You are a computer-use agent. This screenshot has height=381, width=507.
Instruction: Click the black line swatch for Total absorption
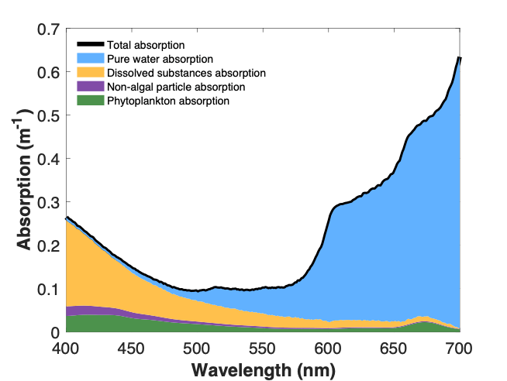(90, 44)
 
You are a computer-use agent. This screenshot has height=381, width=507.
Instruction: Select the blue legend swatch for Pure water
(90, 58)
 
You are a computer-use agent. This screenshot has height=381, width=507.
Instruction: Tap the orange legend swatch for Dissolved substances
(90, 73)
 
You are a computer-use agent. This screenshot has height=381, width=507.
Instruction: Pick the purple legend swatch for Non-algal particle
(90, 87)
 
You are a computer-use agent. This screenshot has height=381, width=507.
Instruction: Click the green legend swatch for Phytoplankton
(90, 101)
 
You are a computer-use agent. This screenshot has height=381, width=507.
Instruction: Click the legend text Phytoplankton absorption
(168, 101)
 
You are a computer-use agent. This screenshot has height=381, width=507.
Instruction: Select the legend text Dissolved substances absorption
(186, 73)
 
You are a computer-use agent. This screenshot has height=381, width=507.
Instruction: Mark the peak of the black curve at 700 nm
(459, 57)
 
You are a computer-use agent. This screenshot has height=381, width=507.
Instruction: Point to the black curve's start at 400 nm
(67, 217)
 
